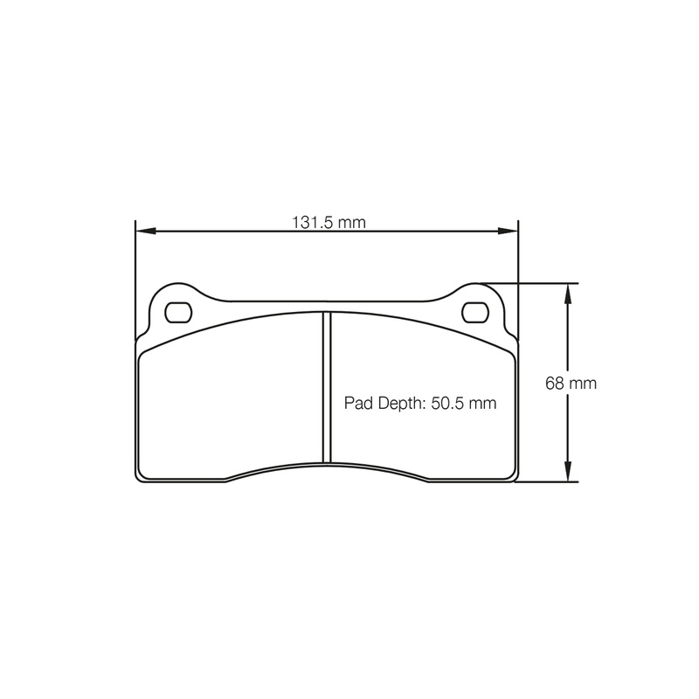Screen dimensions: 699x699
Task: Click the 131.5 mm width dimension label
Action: [x=328, y=222]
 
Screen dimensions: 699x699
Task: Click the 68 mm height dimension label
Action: [x=564, y=383]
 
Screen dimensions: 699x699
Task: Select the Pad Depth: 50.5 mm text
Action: [x=420, y=404]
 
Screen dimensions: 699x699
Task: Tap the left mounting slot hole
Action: [x=177, y=310]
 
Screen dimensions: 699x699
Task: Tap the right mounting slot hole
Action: [x=476, y=310]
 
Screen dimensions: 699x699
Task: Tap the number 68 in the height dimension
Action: [x=554, y=383]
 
